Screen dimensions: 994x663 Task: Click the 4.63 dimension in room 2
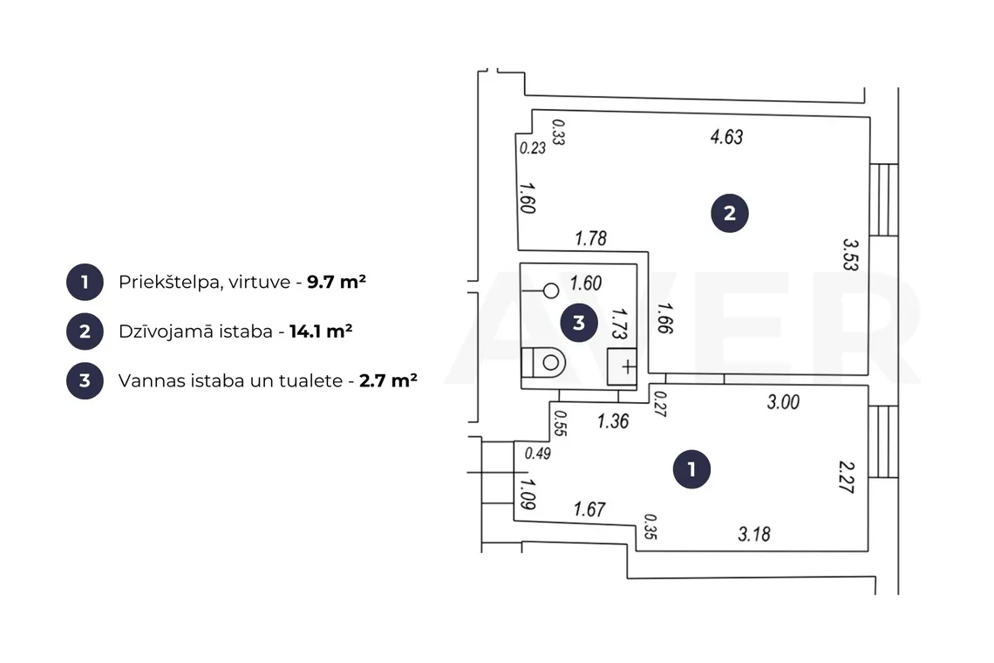click(x=726, y=136)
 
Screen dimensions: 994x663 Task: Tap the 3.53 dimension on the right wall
click(x=851, y=255)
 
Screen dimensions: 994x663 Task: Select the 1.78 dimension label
click(x=591, y=238)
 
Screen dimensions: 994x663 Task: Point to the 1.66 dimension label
click(x=665, y=318)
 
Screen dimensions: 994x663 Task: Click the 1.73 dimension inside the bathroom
click(x=619, y=324)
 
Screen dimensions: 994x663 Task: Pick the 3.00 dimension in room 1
click(x=783, y=401)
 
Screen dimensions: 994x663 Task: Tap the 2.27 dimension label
click(x=847, y=477)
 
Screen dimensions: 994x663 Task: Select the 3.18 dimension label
click(x=754, y=534)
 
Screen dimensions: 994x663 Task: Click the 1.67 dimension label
click(x=589, y=509)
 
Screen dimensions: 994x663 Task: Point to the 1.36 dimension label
click(x=613, y=421)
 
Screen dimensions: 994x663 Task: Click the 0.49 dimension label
click(x=538, y=454)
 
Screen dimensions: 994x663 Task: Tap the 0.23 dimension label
click(x=533, y=148)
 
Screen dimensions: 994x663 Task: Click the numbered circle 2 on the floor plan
click(x=730, y=213)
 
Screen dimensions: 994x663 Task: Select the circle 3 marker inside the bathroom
click(x=579, y=323)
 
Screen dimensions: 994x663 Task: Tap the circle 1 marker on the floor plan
click(x=691, y=469)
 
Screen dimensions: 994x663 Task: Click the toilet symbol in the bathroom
click(x=544, y=363)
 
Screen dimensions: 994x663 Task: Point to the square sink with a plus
click(x=622, y=366)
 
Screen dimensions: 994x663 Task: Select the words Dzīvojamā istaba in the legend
click(x=195, y=331)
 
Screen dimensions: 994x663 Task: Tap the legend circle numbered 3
click(x=85, y=380)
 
